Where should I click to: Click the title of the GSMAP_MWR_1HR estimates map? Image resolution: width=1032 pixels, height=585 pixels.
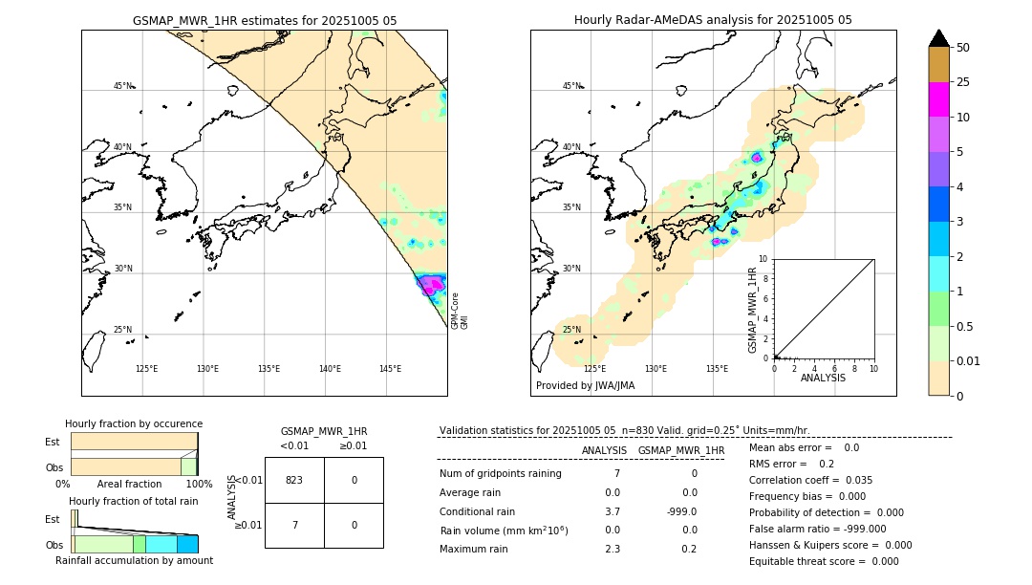tap(264, 20)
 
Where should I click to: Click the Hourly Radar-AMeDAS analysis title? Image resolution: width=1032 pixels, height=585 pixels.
tap(713, 20)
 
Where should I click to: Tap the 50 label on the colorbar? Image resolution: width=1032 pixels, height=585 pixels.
tap(963, 48)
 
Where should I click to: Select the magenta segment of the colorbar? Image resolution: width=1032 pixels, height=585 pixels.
tap(938, 99)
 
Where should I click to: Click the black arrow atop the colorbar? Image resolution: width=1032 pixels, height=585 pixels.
tap(938, 38)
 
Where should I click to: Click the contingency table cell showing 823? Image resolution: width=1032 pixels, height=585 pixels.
tap(294, 480)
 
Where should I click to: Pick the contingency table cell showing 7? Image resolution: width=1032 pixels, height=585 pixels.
tap(294, 525)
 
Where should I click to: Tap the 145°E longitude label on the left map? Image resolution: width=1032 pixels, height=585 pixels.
tap(390, 369)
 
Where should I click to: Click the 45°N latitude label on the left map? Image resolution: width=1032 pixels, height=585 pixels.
tap(122, 86)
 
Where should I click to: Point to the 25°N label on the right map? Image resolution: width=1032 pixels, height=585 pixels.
tap(571, 330)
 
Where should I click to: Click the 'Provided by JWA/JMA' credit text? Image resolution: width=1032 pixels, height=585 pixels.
tap(585, 385)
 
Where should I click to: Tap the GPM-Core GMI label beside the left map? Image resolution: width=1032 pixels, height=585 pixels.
tap(460, 311)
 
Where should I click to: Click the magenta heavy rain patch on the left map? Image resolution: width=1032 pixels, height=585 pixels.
tap(432, 284)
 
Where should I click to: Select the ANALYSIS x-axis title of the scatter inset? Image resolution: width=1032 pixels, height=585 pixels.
tap(823, 378)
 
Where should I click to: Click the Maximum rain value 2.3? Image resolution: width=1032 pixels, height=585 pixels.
tap(612, 549)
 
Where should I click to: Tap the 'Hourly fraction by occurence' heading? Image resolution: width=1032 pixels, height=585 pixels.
tap(134, 423)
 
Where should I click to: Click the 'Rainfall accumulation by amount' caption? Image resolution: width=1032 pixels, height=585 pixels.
tap(134, 560)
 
